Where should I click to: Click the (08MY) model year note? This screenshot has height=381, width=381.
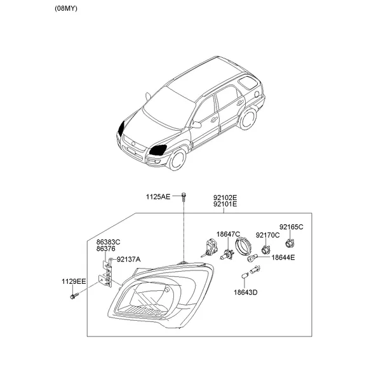(x=66, y=8)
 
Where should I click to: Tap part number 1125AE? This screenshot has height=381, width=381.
(x=158, y=197)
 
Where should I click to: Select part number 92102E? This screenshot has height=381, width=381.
(x=225, y=197)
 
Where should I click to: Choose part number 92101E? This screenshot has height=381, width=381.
(x=225, y=204)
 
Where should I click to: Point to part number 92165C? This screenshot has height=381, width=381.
(x=291, y=227)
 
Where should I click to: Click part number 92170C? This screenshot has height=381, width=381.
(x=267, y=235)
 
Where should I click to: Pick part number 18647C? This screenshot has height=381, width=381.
(x=228, y=234)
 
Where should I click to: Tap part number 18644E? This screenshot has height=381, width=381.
(x=283, y=257)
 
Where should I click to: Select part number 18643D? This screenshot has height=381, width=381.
(x=245, y=292)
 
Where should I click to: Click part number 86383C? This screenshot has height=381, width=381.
(x=108, y=242)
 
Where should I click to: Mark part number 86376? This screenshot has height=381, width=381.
(x=105, y=248)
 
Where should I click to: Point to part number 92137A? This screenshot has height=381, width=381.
(x=128, y=260)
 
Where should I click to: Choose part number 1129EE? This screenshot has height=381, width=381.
(x=74, y=281)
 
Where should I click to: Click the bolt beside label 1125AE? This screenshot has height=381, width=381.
(x=184, y=197)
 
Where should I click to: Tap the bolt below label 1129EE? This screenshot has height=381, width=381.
(x=74, y=296)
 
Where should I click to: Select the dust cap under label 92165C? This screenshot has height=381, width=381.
(x=289, y=243)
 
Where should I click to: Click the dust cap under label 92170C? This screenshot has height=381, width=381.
(x=265, y=250)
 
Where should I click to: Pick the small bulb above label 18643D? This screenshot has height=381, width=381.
(x=244, y=276)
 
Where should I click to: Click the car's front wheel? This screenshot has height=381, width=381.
(x=177, y=159)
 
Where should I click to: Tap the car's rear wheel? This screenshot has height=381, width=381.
(x=248, y=118)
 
